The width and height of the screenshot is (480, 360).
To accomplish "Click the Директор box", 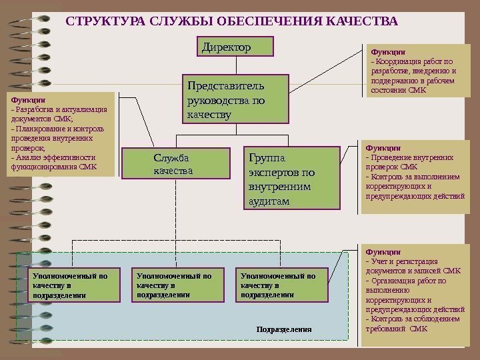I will coord(236,47).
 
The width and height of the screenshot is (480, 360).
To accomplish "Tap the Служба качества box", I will coord(175,164).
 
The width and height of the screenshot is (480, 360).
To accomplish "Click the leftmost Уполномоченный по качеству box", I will coord(75,285).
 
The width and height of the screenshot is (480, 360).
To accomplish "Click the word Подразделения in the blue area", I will coord(284,330).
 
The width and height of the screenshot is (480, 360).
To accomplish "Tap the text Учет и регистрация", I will coord(404,261).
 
